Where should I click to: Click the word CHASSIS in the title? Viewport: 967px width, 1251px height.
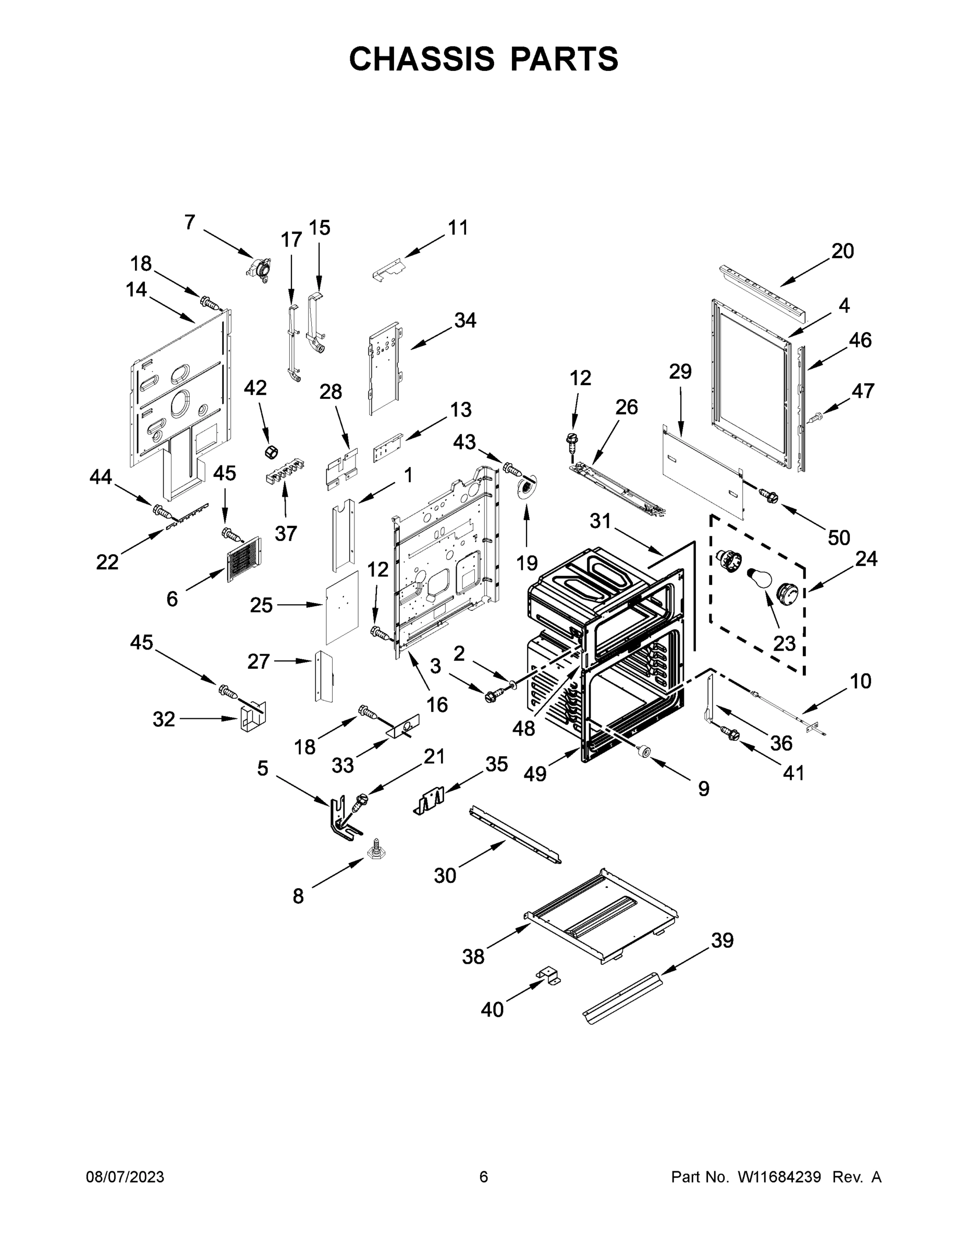click(x=422, y=59)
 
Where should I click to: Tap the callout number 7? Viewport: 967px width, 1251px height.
click(x=190, y=222)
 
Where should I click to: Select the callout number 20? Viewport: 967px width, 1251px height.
click(x=842, y=251)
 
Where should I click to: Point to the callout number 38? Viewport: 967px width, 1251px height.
click(x=473, y=956)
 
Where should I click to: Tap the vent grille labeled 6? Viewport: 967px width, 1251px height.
click(x=243, y=559)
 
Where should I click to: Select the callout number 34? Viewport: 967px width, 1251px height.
click(x=464, y=320)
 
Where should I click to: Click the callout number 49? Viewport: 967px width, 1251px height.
click(x=534, y=774)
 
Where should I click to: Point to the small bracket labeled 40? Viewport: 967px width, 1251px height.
click(x=549, y=977)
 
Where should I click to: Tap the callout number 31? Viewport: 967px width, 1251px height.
click(x=601, y=521)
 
